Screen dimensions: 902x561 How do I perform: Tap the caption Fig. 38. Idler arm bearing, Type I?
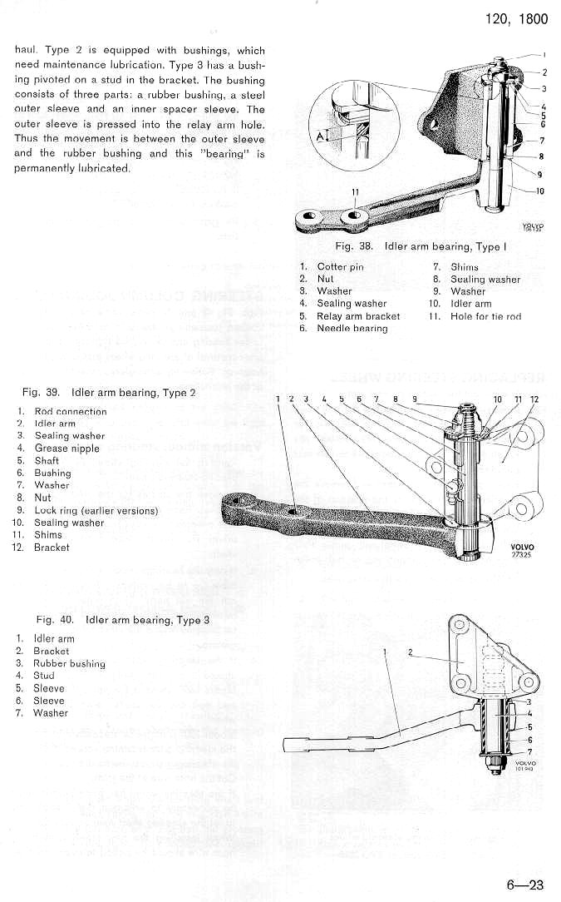point(419,247)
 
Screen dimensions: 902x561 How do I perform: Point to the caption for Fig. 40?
point(123,620)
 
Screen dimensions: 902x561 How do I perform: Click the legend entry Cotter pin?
point(340,267)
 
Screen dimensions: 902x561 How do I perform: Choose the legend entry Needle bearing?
point(352,329)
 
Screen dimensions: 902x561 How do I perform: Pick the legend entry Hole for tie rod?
point(485,316)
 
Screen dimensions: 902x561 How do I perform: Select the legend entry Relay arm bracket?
point(358,316)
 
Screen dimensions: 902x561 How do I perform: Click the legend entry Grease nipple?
point(66,449)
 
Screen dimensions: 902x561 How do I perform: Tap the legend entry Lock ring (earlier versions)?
point(96,510)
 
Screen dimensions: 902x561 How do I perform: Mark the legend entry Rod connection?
point(70,411)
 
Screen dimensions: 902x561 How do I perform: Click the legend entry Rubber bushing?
point(69,663)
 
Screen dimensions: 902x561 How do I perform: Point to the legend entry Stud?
point(43,676)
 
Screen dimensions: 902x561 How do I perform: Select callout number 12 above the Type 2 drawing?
point(534,399)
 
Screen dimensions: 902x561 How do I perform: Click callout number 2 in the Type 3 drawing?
point(411,652)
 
